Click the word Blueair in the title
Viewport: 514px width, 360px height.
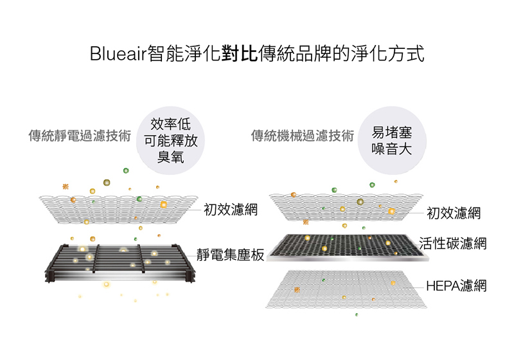click(x=118, y=53)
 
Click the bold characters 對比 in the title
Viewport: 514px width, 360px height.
click(x=240, y=53)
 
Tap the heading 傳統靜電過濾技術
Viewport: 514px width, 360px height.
click(x=80, y=136)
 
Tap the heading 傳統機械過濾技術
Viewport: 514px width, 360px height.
click(x=303, y=136)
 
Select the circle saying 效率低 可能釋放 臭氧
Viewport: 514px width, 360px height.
click(x=170, y=140)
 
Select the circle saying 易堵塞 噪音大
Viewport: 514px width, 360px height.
click(x=392, y=140)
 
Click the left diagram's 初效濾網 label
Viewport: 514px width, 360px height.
click(x=231, y=209)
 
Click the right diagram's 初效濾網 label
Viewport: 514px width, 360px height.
click(x=454, y=213)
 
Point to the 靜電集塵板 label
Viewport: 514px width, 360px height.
click(x=231, y=255)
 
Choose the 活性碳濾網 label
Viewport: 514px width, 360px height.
click(x=453, y=244)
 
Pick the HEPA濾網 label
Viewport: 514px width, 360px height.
click(x=456, y=286)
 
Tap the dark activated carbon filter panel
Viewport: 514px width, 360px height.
click(x=348, y=248)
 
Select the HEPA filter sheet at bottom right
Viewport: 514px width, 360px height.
click(x=346, y=289)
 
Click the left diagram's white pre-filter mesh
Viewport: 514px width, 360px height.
click(x=119, y=209)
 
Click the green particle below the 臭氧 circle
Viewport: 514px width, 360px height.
click(x=126, y=170)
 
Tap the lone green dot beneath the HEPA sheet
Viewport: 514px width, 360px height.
click(x=357, y=315)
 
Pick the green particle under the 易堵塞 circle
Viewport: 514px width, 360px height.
click(x=372, y=185)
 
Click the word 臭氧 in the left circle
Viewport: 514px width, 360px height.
click(x=170, y=157)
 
